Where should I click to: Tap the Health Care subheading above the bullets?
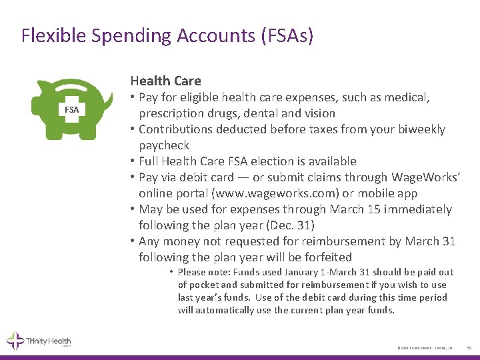pyautogui.click(x=165, y=81)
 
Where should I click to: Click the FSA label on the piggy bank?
pyautogui.click(x=71, y=109)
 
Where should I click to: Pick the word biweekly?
pyautogui.click(x=420, y=129)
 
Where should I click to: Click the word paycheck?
pyautogui.click(x=164, y=145)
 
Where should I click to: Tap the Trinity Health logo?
pyautogui.click(x=39, y=341)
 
